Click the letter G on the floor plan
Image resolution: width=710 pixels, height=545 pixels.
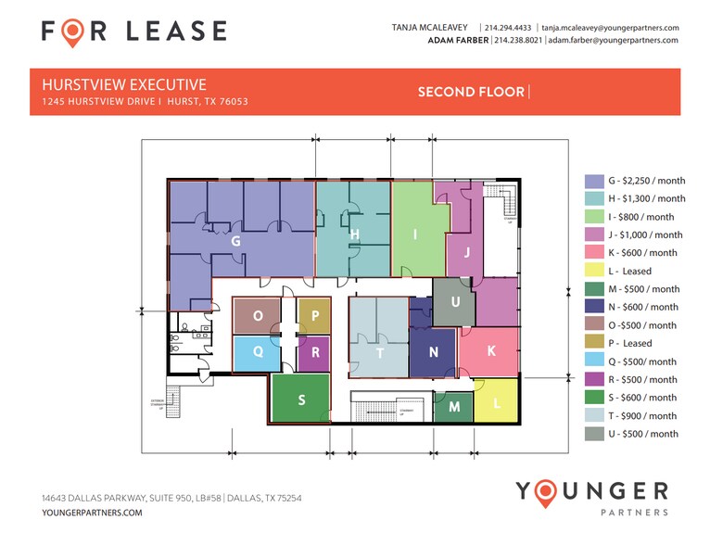236,240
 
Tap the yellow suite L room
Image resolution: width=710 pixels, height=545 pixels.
496,403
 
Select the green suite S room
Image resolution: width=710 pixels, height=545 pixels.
301,399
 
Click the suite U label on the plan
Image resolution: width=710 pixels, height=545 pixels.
455,302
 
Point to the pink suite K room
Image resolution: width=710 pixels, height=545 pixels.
490,351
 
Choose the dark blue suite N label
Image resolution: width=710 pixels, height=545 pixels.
434,352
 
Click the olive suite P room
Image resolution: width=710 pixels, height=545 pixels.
315,315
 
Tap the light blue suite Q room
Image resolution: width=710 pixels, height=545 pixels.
257,352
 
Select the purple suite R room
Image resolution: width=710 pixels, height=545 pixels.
315,352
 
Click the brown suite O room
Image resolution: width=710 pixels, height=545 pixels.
257,315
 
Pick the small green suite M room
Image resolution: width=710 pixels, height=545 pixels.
454,407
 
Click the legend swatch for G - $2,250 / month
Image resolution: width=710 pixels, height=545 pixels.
593,181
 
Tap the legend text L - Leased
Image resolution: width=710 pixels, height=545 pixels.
629,271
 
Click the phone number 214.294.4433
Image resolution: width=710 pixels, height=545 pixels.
508,28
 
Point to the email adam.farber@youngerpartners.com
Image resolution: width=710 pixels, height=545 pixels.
613,41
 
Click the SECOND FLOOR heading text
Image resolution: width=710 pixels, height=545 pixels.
471,91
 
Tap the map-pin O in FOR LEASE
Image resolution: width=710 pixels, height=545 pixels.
73,32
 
